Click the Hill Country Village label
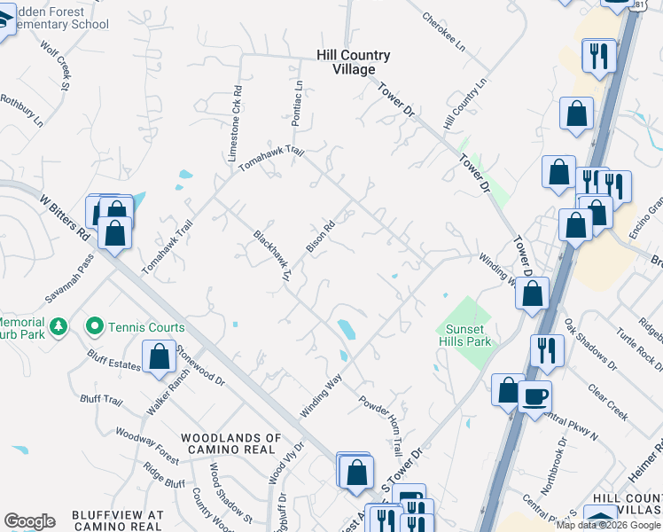pyautogui.click(x=353, y=62)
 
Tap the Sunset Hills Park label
pyautogui.click(x=464, y=334)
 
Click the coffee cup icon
pyautogui.click(x=534, y=395)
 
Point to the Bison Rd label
pyautogui.click(x=320, y=235)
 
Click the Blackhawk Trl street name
pyautogui.click(x=273, y=256)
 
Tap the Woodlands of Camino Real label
pyautogui.click(x=230, y=444)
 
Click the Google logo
pyautogui.click(x=29, y=521)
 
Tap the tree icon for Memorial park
pyautogui.click(x=58, y=327)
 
